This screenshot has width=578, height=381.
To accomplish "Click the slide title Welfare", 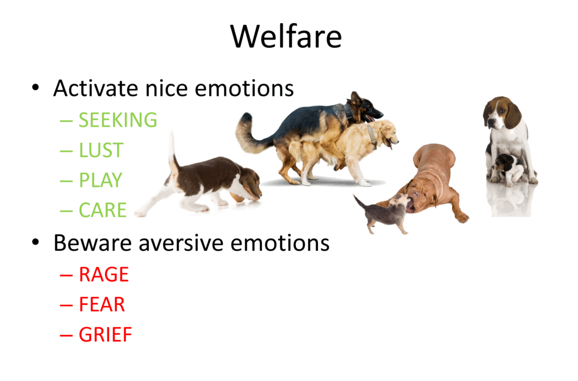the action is point(286,37).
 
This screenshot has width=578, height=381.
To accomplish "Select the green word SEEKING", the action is point(118,120).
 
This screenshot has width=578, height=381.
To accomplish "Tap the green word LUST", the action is point(101,150).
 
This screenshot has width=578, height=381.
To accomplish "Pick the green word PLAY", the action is point(100,180).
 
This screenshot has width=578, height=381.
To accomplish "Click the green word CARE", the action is point(103,210).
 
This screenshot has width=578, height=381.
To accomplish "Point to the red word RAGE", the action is point(104,274).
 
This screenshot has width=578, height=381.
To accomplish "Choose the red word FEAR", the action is point(102,305).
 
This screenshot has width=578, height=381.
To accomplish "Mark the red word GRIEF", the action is point(106,335).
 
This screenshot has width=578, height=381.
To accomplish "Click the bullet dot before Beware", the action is point(36,242).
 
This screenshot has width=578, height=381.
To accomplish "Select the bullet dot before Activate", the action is point(36,87).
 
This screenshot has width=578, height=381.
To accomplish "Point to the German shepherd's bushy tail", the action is point(248,133).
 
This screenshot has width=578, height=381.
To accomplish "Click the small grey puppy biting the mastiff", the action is point(383,214).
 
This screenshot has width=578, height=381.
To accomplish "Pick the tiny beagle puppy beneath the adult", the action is point(506,169).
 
